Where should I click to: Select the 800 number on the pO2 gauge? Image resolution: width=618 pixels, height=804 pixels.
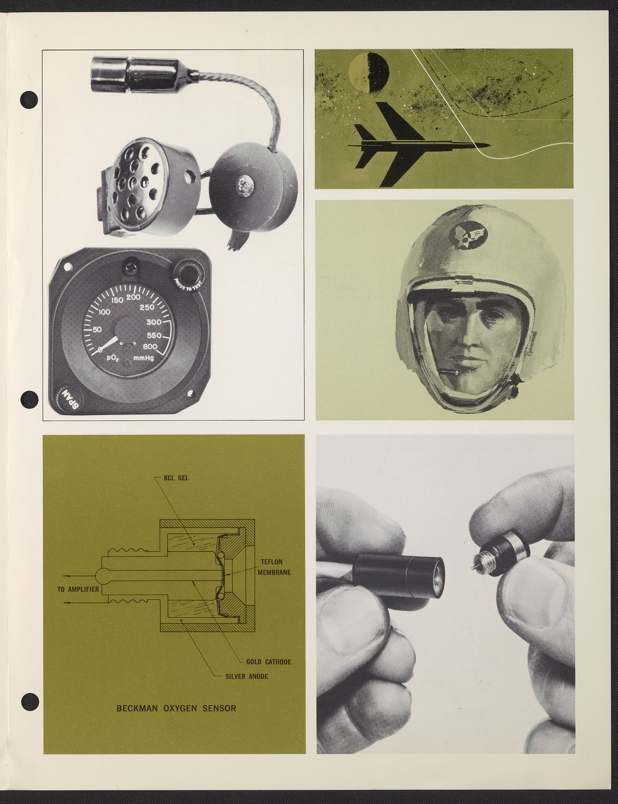click(x=151, y=347)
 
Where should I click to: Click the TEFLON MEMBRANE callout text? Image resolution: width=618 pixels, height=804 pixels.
click(x=273, y=567)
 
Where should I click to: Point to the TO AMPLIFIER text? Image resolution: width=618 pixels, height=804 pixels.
click(x=78, y=589)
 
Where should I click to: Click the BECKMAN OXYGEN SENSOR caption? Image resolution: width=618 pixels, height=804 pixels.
click(x=176, y=709)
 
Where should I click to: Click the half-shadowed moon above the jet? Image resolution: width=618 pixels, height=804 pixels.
click(x=369, y=73)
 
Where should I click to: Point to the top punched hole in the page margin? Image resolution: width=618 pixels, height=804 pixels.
click(x=29, y=100)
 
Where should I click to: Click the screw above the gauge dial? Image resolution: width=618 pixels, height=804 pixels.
click(x=133, y=265)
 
